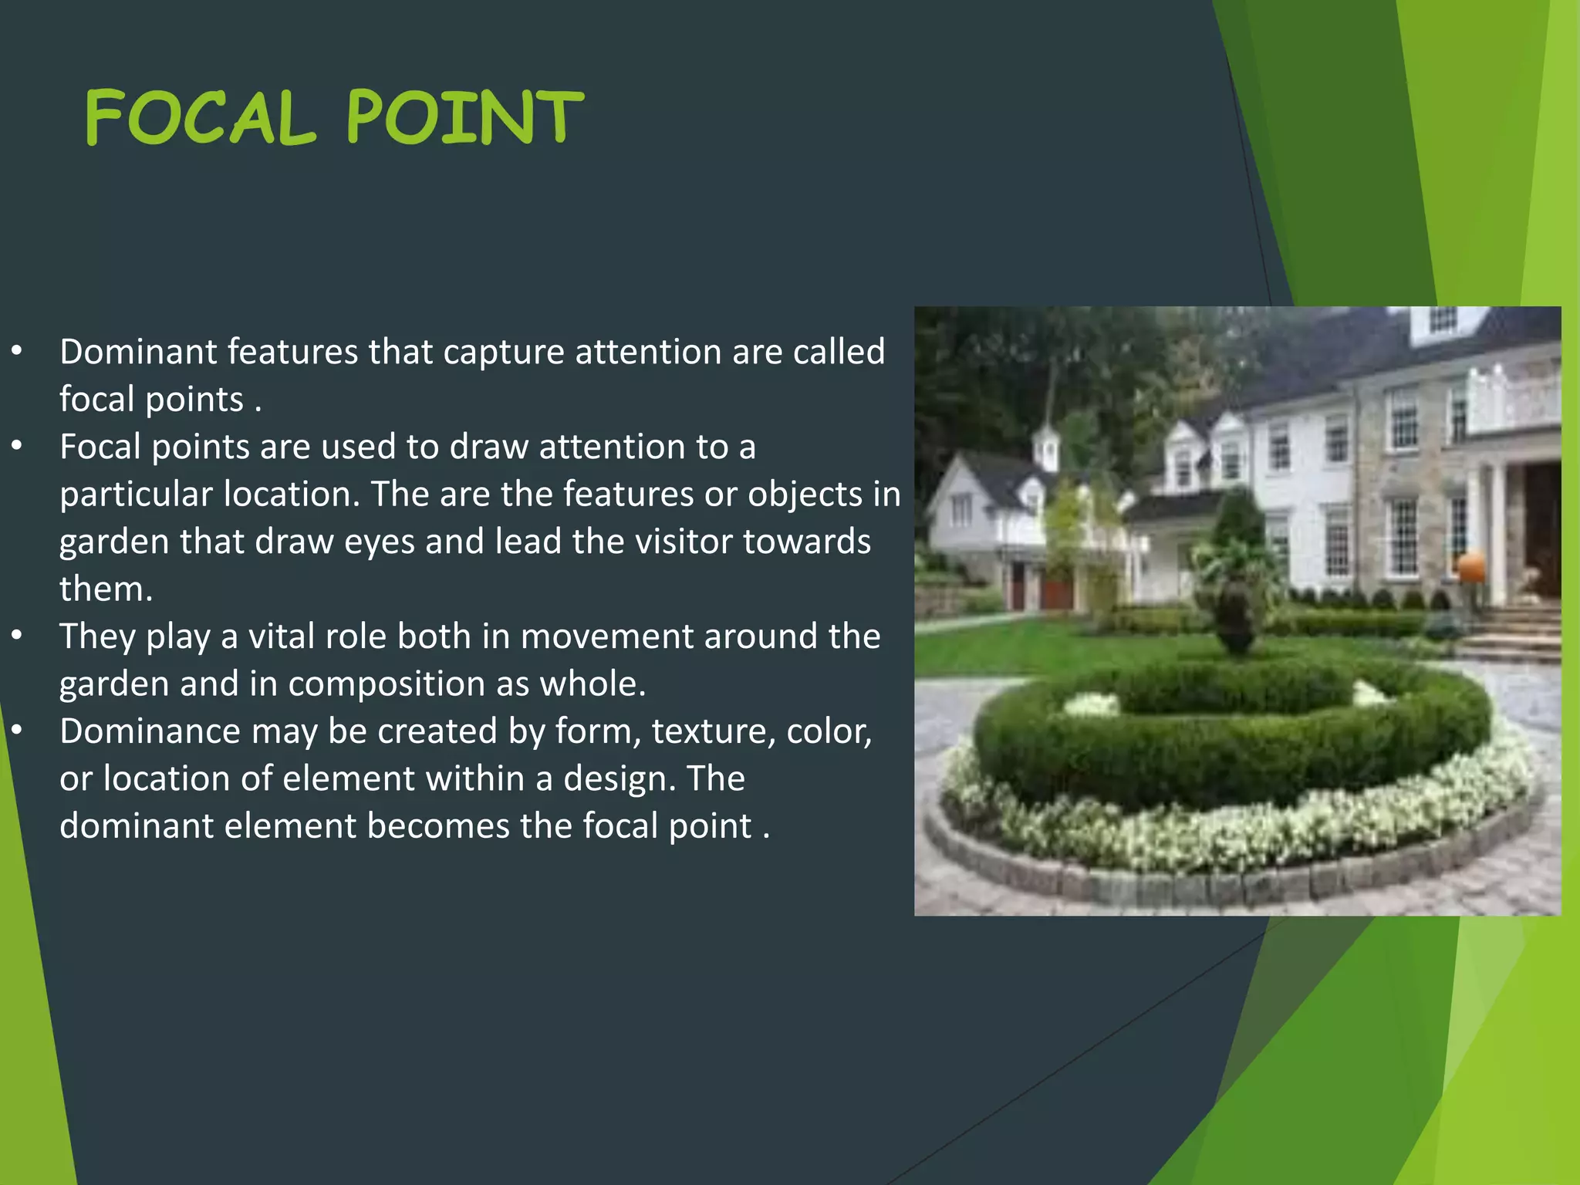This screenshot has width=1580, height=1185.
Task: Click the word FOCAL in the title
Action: (x=201, y=117)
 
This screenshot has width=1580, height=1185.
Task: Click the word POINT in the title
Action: (x=465, y=117)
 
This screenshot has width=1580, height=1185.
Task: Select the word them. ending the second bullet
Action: (x=106, y=589)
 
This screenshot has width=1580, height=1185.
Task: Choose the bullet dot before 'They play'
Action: (x=17, y=636)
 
